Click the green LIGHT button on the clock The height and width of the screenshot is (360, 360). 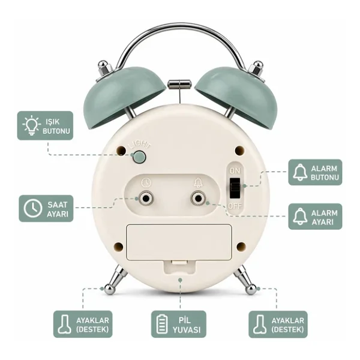[140, 157]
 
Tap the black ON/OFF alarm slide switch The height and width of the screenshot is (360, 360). [235, 188]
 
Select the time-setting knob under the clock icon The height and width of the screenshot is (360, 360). [146, 199]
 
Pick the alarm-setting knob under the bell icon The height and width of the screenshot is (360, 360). [198, 199]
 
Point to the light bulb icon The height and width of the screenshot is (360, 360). [31, 125]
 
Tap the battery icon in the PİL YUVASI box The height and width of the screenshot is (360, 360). [162, 324]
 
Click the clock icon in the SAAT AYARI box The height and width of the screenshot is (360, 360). [33, 208]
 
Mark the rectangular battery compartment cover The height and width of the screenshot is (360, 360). [179, 242]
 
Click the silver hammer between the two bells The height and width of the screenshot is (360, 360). [179, 84]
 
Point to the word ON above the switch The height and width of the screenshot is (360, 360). [235, 171]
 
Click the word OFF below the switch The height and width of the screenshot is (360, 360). [235, 206]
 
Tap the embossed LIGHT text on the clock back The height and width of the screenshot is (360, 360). [140, 145]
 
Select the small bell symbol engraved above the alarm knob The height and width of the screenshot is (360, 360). [198, 183]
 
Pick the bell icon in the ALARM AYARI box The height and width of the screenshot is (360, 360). [300, 217]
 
